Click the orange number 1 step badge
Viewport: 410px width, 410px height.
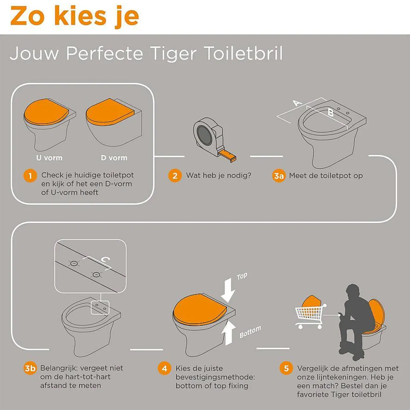coord(30,176)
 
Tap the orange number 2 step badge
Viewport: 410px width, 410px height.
coord(175,176)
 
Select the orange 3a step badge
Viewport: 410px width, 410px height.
coord(279,176)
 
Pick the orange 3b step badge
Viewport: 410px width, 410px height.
coord(30,368)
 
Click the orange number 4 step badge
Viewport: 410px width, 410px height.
coord(165,368)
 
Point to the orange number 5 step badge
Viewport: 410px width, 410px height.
coord(286,368)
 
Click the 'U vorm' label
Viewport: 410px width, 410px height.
coord(49,158)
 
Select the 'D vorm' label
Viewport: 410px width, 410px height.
coord(114,158)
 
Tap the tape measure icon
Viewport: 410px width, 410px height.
coord(210,137)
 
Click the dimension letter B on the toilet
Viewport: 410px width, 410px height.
coord(330,113)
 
